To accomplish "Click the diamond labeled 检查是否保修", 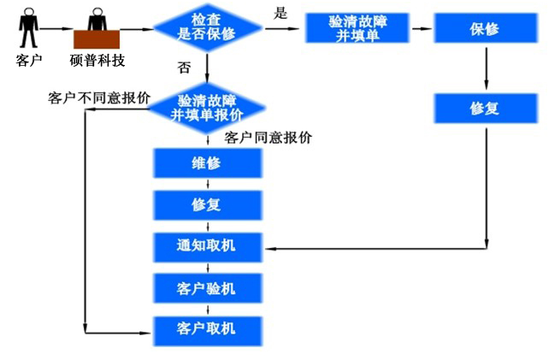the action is [208, 27].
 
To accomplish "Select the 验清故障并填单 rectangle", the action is [357, 28].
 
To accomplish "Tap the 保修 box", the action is [486, 28].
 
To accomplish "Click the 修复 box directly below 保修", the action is [486, 109].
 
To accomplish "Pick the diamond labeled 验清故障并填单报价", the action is [208, 109].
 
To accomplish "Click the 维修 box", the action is [208, 162].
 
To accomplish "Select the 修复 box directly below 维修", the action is [208, 205].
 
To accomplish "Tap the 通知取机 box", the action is [208, 247].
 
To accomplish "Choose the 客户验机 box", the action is [208, 288].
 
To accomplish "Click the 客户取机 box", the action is [208, 331].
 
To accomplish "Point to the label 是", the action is [280, 14].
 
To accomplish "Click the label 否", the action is [184, 68].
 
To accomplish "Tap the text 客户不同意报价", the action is [99, 97].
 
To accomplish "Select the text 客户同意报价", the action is [268, 138].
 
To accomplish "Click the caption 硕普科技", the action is [97, 60].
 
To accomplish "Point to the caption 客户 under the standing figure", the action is [29, 60].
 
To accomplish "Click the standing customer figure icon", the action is [28, 27].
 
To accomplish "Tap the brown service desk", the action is [97, 39].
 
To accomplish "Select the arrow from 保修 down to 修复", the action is [487, 68].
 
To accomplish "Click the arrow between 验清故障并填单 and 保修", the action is [422, 28].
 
